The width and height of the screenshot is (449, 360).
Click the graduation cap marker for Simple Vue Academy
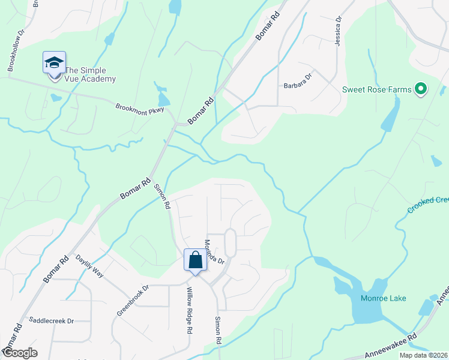(53, 63)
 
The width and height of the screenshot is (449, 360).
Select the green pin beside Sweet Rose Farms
(421, 90)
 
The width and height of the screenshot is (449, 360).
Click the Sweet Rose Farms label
(377, 90)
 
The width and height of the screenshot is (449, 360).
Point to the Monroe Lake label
(383, 298)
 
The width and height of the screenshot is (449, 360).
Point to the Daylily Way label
(89, 266)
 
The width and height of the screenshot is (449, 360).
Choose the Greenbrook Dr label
(132, 300)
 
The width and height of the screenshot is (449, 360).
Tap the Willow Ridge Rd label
(188, 311)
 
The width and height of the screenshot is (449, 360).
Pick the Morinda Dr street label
(214, 253)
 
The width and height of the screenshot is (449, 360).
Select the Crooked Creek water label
(428, 204)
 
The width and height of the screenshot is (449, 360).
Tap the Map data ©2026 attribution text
(423, 355)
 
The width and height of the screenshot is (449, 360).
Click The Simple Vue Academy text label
(90, 74)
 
